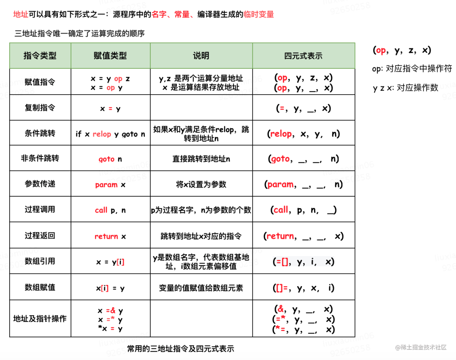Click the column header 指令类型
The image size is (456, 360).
[40, 56]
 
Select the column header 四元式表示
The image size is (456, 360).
[303, 56]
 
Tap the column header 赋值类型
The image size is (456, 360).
[110, 56]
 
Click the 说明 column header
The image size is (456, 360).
[201, 56]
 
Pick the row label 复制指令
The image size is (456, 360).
[40, 108]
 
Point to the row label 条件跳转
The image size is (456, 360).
[40, 133]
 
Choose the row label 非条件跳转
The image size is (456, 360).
[40, 159]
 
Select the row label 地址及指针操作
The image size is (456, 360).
[40, 319]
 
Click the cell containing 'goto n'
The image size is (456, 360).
[110, 159]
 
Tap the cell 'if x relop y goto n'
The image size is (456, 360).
[110, 134]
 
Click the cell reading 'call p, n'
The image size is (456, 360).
[110, 210]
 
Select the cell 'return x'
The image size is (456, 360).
[110, 236]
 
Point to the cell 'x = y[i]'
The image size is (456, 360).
[110, 262]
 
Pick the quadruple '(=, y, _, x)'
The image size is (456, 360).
[303, 108]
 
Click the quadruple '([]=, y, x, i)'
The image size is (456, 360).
[303, 288]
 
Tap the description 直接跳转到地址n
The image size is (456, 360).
[201, 159]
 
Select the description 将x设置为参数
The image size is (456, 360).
[201, 184]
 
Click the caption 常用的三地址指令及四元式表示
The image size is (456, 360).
[180, 349]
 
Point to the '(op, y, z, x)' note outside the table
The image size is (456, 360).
[402, 50]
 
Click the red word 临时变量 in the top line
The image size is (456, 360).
[259, 14]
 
